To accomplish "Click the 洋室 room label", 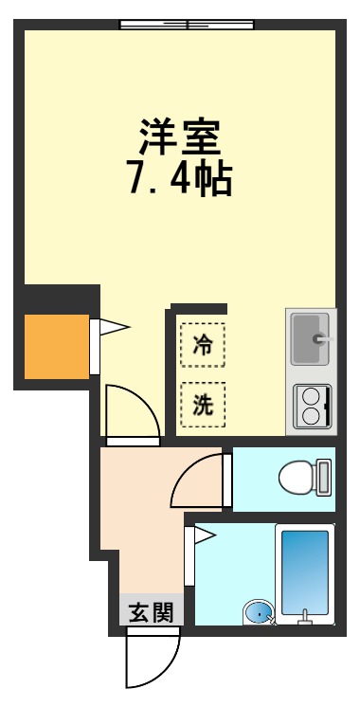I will click(x=180, y=137).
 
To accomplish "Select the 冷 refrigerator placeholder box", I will click(x=203, y=345).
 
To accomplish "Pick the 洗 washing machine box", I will click(x=203, y=404).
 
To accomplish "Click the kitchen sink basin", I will click(x=309, y=338).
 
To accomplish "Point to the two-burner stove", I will click(x=312, y=406).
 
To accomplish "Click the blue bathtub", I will click(x=304, y=569).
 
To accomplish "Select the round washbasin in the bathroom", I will click(x=258, y=613).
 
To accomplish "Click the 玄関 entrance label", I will click(x=151, y=612).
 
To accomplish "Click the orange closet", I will click(x=57, y=347).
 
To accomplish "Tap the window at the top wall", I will click(x=187, y=24).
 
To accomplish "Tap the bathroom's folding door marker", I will click(x=205, y=537).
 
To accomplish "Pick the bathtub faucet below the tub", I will click(x=304, y=621).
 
